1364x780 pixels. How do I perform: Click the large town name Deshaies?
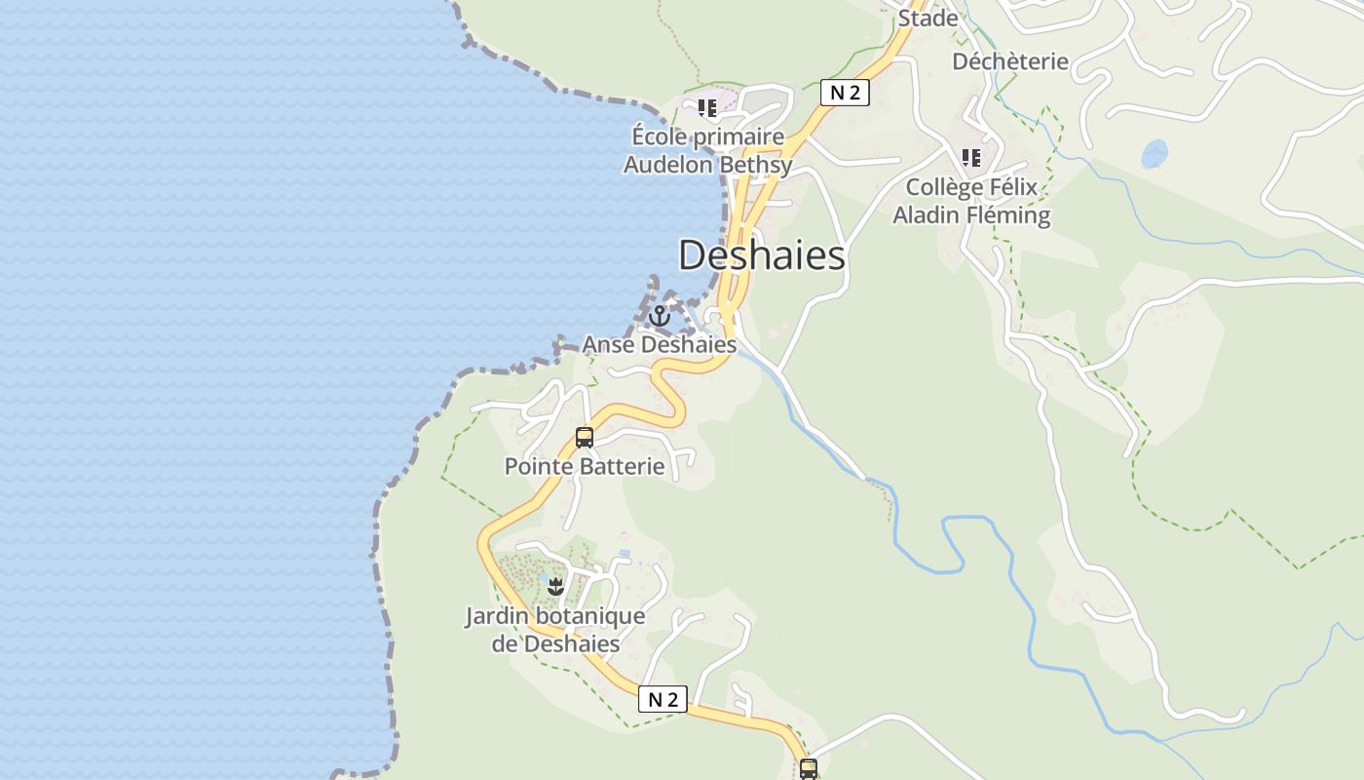tap(761, 255)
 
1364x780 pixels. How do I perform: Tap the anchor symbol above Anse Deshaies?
tap(660, 316)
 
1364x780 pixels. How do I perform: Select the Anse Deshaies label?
tap(659, 344)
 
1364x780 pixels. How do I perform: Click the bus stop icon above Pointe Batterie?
tap(585, 438)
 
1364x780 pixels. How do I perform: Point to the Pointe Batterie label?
tap(584, 466)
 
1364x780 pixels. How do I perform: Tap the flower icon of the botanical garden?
tap(555, 586)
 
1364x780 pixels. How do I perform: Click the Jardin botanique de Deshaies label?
tap(554, 630)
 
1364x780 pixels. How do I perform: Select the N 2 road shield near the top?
tap(845, 93)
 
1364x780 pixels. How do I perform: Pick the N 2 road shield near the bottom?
tap(663, 699)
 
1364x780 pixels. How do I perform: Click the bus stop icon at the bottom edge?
tap(808, 768)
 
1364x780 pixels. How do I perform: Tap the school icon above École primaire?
tap(707, 108)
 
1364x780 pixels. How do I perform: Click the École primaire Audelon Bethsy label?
tap(707, 150)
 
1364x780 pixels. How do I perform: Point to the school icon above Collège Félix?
tap(970, 158)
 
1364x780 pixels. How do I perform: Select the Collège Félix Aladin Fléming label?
tap(971, 201)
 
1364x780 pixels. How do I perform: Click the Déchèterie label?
tap(1010, 61)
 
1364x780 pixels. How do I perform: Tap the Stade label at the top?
tap(928, 18)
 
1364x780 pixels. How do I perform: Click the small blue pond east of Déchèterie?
tap(1154, 153)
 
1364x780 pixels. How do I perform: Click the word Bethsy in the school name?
tap(755, 165)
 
